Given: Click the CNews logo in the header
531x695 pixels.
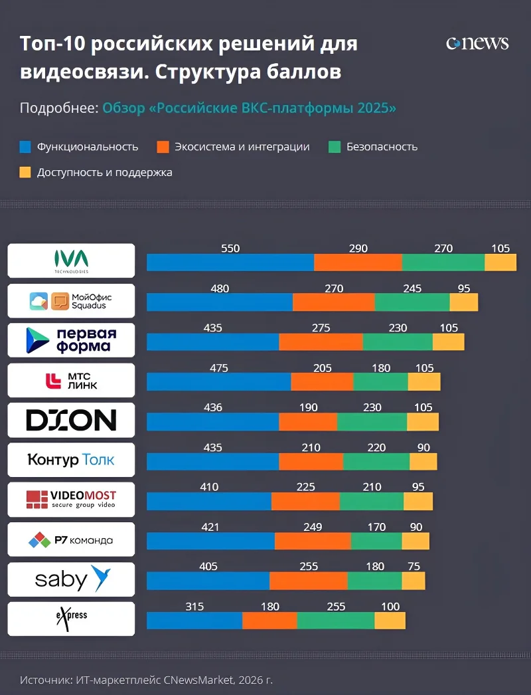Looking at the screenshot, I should point(477,44).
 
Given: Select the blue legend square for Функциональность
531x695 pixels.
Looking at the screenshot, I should point(25,147).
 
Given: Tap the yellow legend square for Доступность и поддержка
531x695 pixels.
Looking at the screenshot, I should point(25,173).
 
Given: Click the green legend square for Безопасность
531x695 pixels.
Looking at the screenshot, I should point(335,147).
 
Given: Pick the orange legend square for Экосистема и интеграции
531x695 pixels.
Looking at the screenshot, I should point(163,147).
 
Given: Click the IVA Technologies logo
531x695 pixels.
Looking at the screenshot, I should point(71,260).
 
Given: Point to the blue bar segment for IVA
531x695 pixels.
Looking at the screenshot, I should point(230,262).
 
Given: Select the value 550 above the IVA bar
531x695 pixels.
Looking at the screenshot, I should point(230,248).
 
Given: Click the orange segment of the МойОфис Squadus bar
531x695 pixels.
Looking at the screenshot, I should point(333,302).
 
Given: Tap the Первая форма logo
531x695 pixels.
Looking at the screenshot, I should point(71,340).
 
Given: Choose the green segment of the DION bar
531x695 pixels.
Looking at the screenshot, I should point(372,422).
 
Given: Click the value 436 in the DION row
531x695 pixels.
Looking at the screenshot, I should point(212,407).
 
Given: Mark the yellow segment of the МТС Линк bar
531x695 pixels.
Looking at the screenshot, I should point(424,382).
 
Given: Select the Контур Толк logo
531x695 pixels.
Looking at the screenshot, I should point(71,460).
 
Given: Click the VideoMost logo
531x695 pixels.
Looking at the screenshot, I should point(71,500).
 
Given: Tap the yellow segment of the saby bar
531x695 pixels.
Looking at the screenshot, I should point(413,581).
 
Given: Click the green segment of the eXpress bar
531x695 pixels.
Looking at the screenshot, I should point(335,621).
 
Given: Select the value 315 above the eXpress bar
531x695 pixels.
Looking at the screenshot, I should point(194,607).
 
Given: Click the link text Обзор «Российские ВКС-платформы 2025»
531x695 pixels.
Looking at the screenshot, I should point(249,108).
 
